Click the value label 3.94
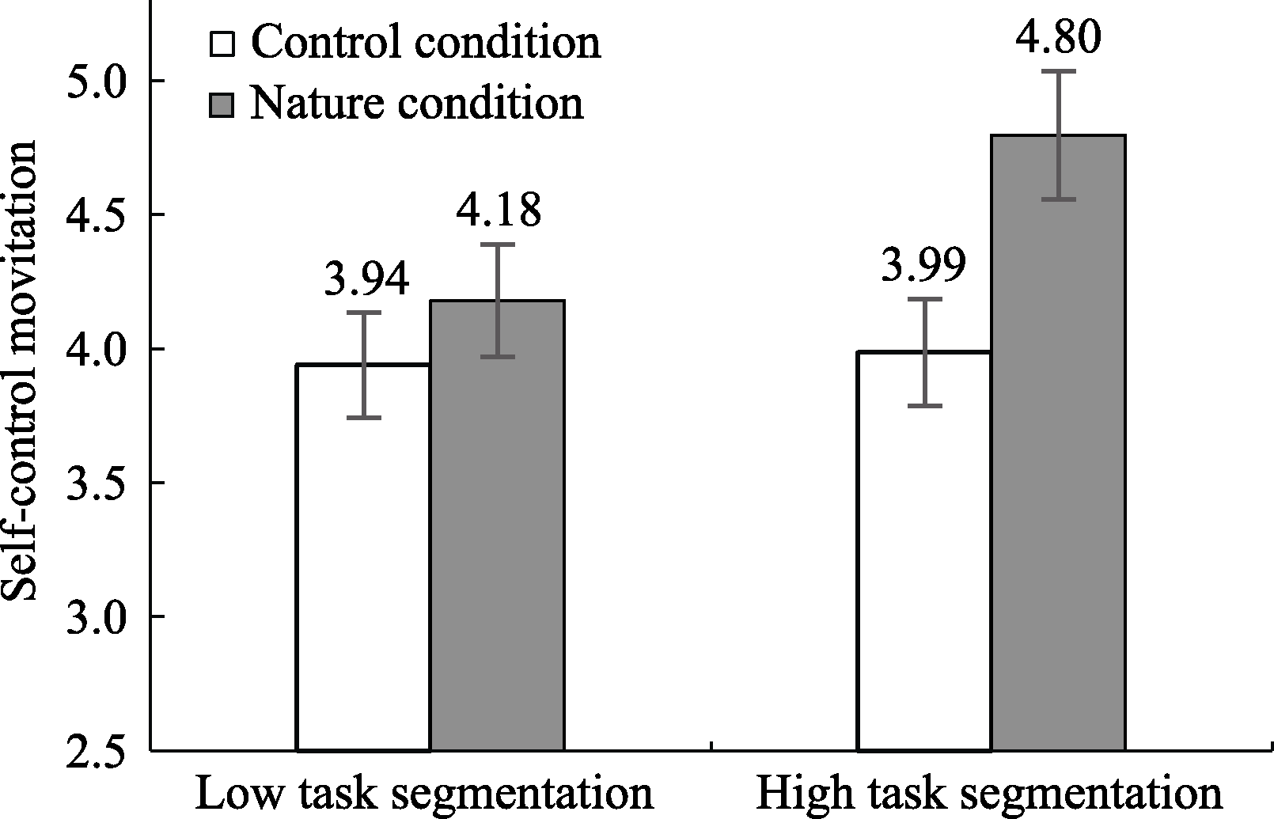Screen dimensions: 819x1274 click(x=366, y=279)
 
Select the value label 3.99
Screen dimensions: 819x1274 click(x=923, y=267)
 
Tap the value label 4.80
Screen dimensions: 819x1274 click(x=1058, y=38)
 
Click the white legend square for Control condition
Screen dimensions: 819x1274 click(x=222, y=44)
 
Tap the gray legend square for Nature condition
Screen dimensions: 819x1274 click(x=222, y=104)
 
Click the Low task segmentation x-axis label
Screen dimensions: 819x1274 click(x=424, y=794)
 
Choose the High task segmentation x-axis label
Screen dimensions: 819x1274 click(x=989, y=794)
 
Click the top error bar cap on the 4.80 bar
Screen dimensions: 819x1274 click(x=1058, y=71)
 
